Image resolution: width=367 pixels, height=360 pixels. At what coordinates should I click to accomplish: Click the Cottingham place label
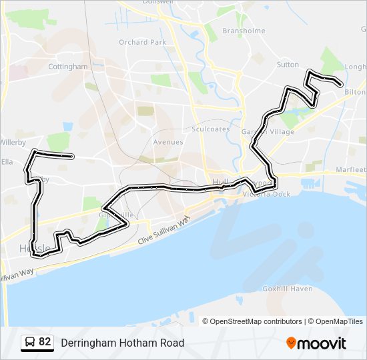point(68,67)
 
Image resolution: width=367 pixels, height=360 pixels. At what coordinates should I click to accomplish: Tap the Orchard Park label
point(143,42)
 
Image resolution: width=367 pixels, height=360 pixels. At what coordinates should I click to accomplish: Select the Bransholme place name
point(244,31)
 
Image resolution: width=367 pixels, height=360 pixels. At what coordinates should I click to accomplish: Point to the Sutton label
point(288,65)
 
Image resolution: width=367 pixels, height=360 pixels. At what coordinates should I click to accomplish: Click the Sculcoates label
point(210,129)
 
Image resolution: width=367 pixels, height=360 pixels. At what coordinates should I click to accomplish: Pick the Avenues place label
point(168,142)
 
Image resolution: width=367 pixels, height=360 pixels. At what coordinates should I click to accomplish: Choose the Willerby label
point(13,142)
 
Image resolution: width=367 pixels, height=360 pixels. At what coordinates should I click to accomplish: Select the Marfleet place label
point(351,170)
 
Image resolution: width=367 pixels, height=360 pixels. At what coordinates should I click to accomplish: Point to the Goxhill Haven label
point(288,289)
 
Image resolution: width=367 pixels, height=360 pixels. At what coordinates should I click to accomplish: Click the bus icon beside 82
point(30,342)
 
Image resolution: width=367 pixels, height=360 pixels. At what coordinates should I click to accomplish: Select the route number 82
point(45,342)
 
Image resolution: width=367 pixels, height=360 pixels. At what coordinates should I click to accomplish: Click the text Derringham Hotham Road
point(122,343)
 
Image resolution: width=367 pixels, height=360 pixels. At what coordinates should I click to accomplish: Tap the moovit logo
point(316,343)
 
